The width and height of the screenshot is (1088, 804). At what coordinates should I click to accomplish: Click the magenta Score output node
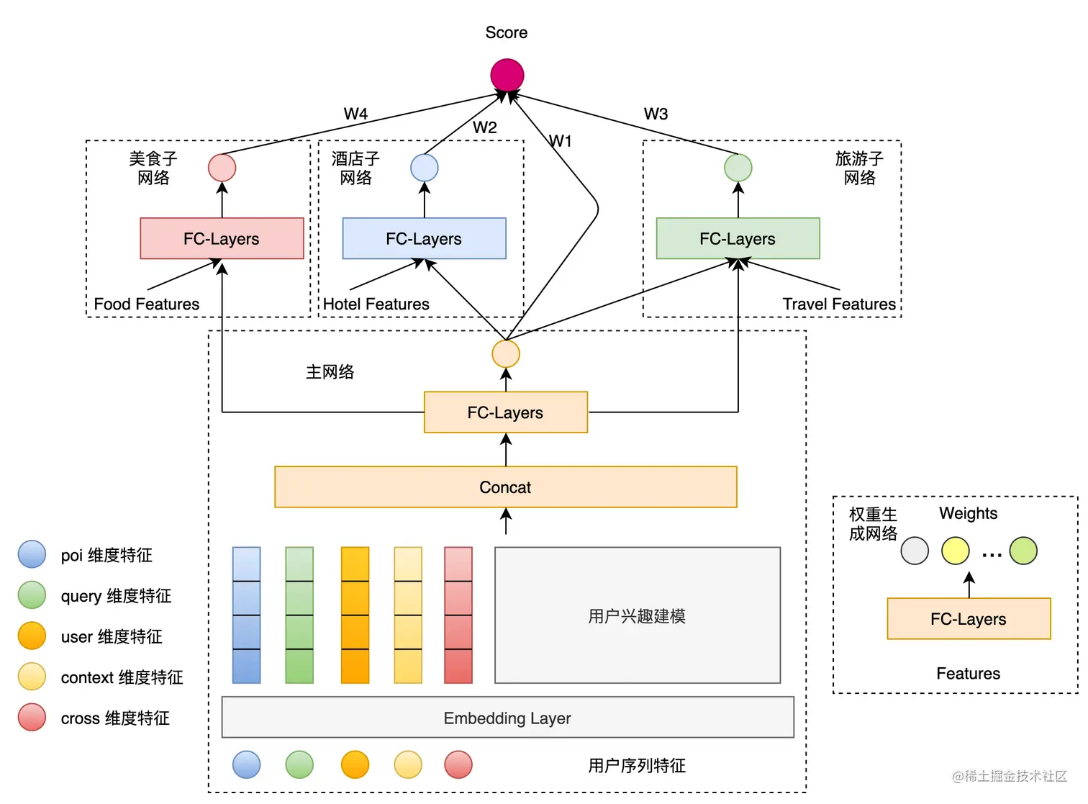click(507, 75)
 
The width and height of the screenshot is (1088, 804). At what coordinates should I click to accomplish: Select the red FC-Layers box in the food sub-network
click(222, 238)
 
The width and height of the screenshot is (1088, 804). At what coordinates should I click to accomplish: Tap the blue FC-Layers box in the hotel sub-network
click(424, 238)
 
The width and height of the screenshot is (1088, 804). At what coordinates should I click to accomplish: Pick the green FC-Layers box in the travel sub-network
click(738, 238)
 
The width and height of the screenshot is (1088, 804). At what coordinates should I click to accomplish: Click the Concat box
click(505, 487)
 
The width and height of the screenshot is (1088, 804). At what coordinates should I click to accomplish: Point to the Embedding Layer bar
click(507, 718)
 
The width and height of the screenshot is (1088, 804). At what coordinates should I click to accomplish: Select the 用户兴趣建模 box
click(637, 615)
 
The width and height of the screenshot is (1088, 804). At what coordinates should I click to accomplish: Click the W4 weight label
click(355, 114)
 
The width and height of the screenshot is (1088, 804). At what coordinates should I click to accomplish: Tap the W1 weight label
click(560, 141)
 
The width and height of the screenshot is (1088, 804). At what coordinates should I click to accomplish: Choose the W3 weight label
click(656, 114)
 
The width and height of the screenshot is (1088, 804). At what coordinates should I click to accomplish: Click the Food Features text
click(147, 304)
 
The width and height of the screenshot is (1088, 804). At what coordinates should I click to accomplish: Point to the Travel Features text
click(839, 304)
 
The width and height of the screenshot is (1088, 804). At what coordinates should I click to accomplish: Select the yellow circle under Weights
click(956, 551)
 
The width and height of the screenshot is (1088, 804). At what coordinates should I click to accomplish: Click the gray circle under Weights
click(915, 551)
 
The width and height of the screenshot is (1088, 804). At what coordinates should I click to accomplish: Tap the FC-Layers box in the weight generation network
click(969, 619)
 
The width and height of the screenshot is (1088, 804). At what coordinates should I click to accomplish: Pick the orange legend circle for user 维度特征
click(32, 636)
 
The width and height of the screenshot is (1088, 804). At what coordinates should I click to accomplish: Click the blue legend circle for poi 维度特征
click(32, 555)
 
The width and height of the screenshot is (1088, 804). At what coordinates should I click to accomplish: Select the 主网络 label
click(330, 372)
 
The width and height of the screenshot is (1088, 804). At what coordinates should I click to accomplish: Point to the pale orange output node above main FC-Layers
click(506, 354)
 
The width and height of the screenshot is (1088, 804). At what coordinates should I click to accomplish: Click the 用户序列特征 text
click(637, 765)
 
